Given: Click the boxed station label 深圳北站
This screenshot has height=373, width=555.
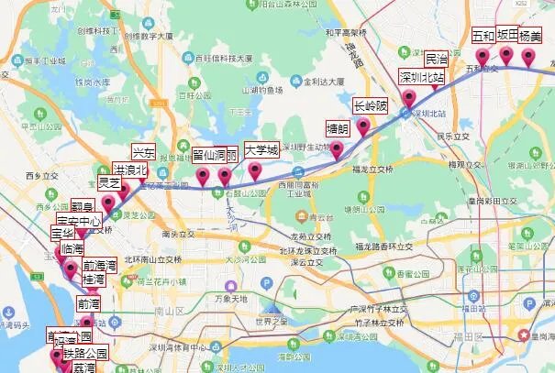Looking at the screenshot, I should (422, 77).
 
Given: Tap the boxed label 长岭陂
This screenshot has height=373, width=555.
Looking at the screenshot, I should (371, 106).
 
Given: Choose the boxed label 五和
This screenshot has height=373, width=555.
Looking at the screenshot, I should (483, 37).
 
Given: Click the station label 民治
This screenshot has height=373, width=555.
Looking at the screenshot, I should (437, 58).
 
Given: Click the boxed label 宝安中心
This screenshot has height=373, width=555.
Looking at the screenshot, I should (78, 221).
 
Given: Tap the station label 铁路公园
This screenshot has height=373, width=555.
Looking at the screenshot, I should (85, 353).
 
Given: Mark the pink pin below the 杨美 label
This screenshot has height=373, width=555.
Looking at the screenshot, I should (528, 57).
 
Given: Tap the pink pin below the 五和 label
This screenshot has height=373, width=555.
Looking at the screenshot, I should (482, 58).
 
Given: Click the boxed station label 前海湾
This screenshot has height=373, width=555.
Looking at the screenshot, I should (100, 266).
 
